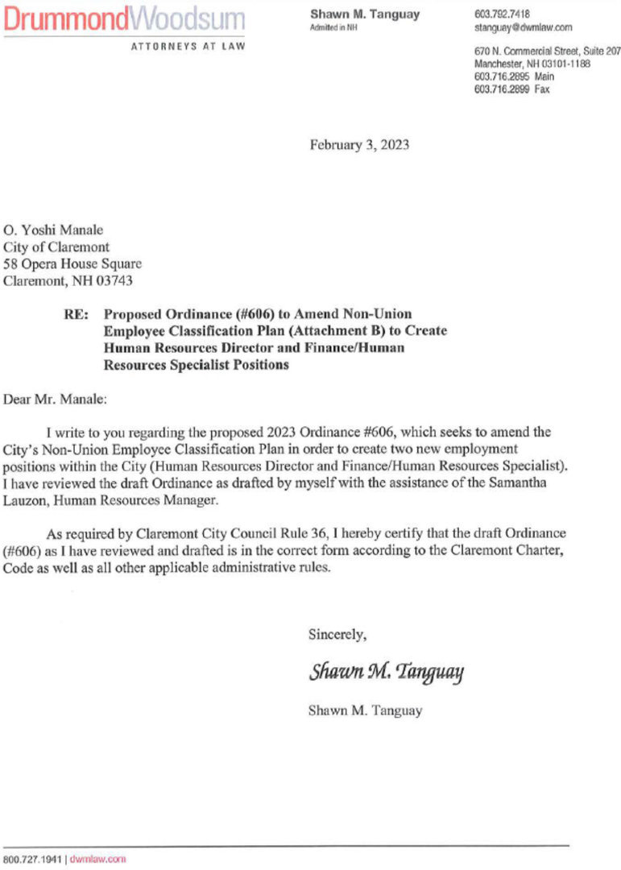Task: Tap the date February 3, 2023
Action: [359, 145]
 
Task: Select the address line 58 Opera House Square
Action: [62, 264]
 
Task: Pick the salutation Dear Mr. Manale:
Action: [55, 398]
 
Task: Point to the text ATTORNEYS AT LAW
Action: [188, 47]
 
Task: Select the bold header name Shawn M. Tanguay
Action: [365, 14]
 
